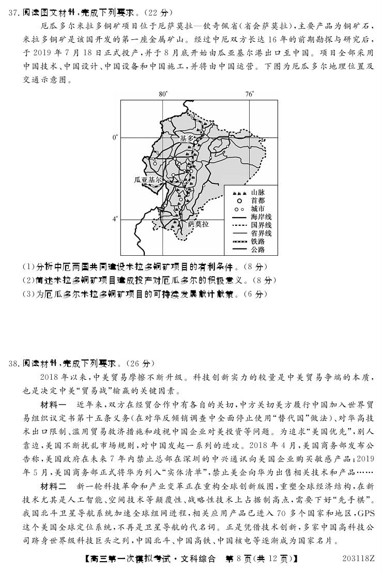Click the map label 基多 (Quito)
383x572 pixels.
(x=186, y=138)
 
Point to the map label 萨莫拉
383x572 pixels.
(x=198, y=224)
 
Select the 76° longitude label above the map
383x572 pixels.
(x=250, y=94)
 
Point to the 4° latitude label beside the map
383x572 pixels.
(x=115, y=219)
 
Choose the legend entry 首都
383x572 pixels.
(x=257, y=200)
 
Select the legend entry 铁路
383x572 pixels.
(x=257, y=241)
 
